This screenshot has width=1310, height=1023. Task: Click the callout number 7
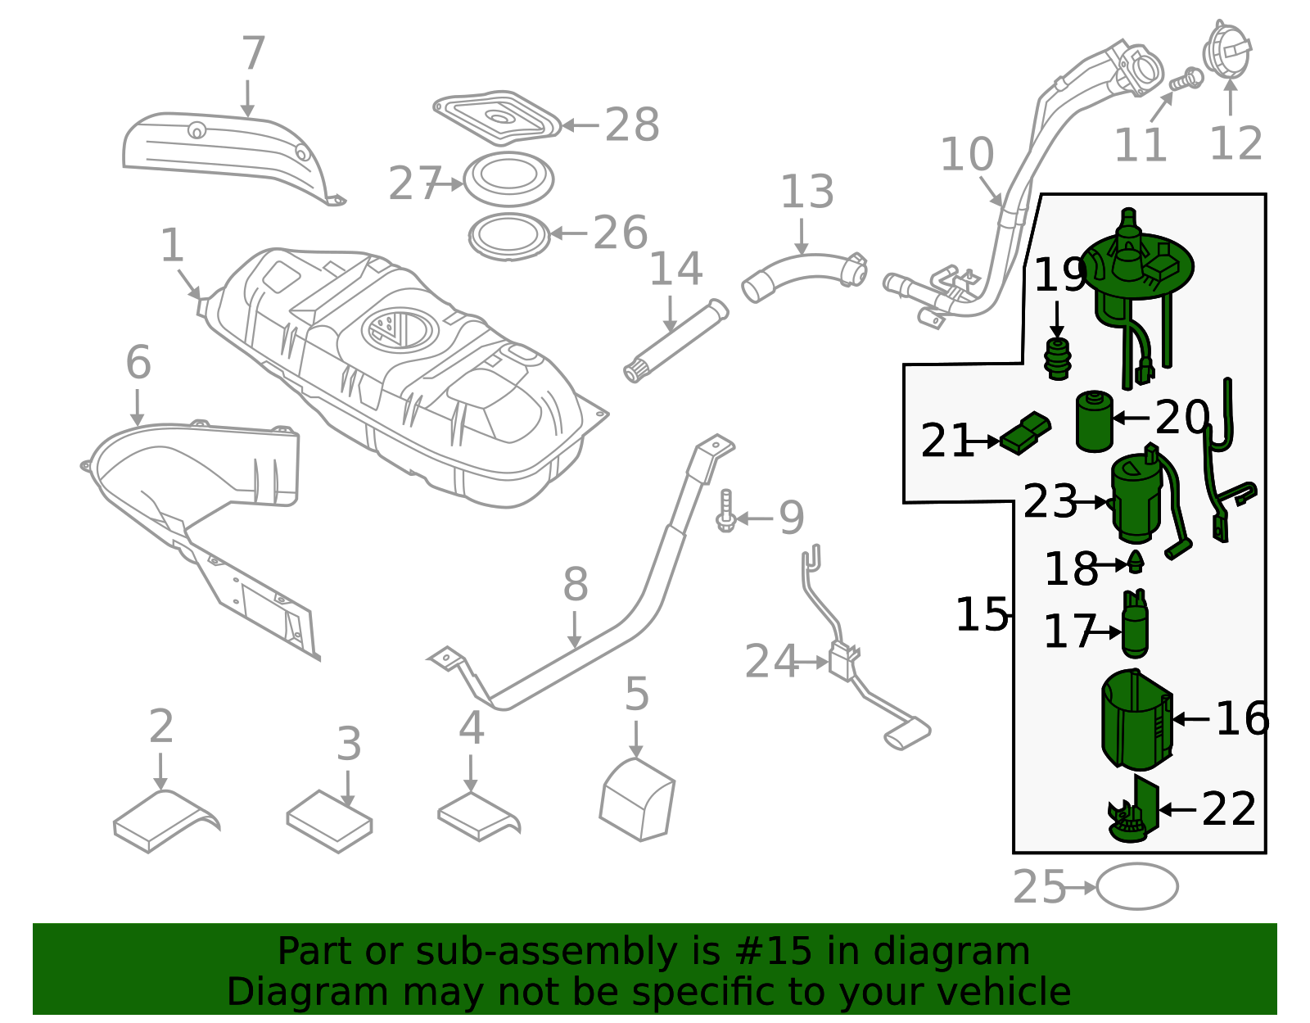pos(254,54)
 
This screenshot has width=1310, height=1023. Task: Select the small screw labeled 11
pos(1186,81)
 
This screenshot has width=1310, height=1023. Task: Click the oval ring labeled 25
pos(1136,886)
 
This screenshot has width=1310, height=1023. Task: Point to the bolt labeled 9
pos(725,511)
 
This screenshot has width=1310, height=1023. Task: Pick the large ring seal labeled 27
pos(508,179)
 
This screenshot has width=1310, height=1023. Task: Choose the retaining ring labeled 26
pos(508,236)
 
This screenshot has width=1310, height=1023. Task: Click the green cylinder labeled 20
pos(1094,421)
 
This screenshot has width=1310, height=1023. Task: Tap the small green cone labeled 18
pos(1136,563)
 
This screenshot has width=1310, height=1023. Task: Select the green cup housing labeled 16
pos(1136,720)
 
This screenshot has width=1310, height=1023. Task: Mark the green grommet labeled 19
pos(1058,357)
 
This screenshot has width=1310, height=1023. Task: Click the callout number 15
pos(982,614)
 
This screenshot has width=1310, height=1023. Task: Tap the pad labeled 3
pos(329,821)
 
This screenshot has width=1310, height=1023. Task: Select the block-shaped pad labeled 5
pos(637,801)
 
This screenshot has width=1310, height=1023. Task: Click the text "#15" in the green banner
pos(774,952)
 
